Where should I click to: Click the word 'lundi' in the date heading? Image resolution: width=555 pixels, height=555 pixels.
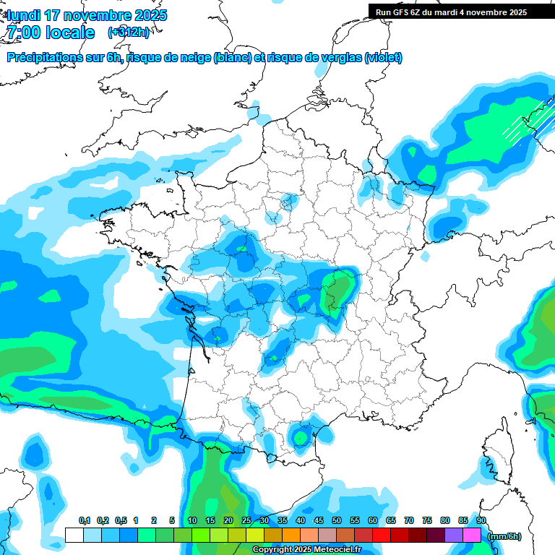(x=23, y=15)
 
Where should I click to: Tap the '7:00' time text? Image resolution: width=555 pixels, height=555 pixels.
(x=22, y=33)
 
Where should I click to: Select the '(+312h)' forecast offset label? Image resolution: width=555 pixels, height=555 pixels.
(x=129, y=33)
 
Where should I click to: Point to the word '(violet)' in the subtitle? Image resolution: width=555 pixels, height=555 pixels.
(x=383, y=58)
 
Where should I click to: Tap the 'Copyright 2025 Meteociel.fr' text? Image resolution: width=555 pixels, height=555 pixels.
(x=306, y=550)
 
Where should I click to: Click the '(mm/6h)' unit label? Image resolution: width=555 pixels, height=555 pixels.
(x=505, y=536)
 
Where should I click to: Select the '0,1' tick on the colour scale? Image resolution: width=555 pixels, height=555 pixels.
(x=84, y=521)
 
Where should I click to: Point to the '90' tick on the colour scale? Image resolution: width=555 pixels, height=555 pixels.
(x=481, y=521)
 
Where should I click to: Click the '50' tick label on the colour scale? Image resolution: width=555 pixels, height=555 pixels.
(x=337, y=521)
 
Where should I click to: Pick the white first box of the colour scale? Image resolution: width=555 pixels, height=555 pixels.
(x=74, y=535)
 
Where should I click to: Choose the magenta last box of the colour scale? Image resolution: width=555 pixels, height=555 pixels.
(x=472, y=535)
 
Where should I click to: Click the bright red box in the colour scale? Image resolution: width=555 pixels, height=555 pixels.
(x=382, y=535)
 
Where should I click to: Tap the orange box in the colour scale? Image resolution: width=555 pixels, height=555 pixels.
(x=291, y=535)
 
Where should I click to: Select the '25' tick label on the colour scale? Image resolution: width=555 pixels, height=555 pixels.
(x=246, y=521)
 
